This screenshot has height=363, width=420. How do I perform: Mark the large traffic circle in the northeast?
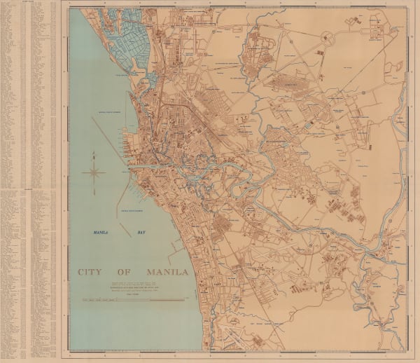pyautogui.click(x=325, y=36)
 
